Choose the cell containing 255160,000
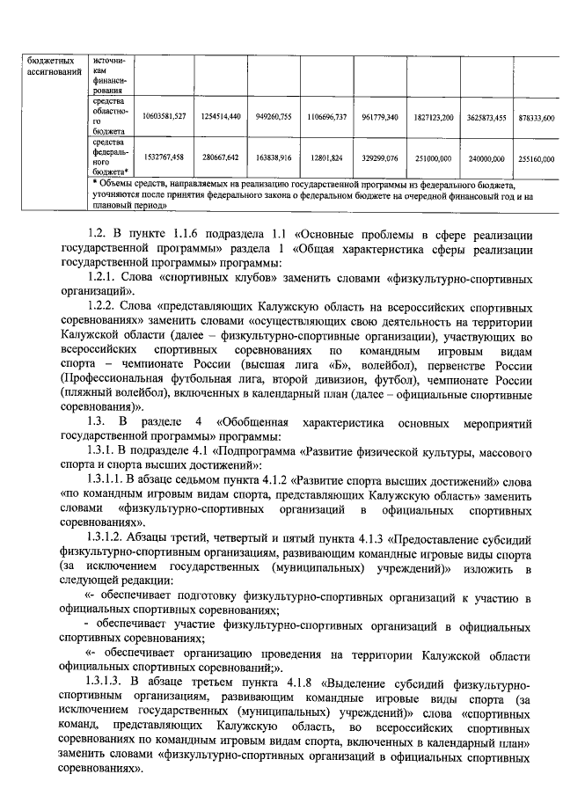tap(535, 157)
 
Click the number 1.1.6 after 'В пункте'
tap(180, 234)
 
